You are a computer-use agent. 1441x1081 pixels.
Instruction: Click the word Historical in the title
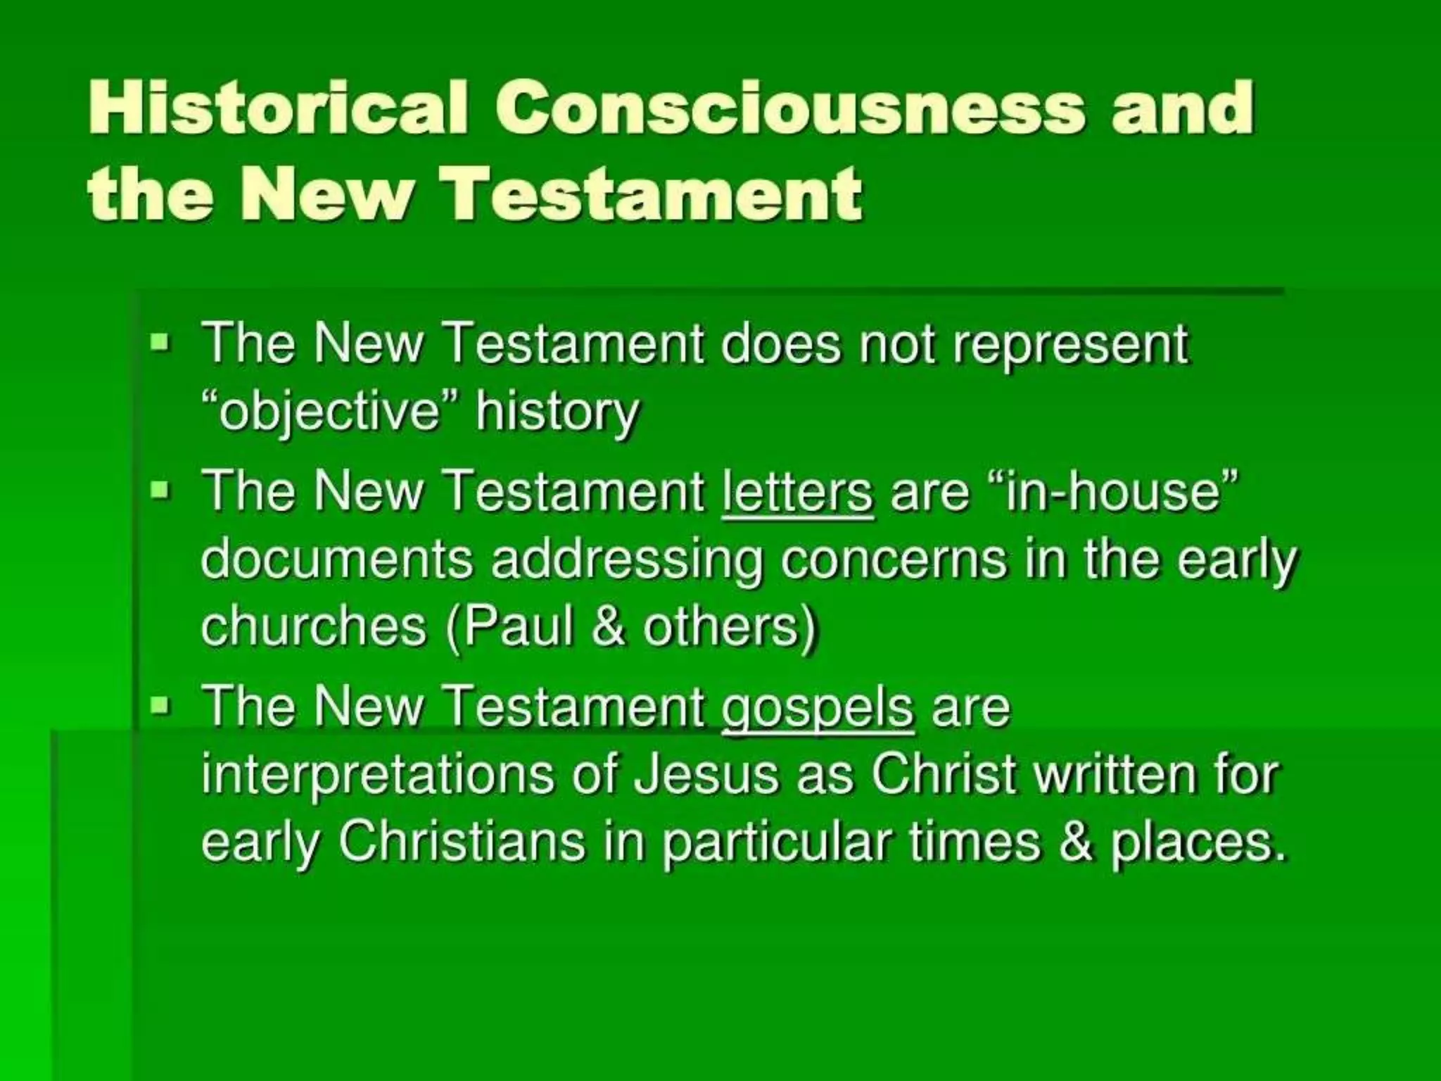tap(279, 108)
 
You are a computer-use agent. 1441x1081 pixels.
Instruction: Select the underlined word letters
tap(797, 491)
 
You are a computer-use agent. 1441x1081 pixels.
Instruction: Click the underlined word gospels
tap(818, 707)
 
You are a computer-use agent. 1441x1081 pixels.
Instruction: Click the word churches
tap(314, 627)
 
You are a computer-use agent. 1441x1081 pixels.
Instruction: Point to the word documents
tap(337, 560)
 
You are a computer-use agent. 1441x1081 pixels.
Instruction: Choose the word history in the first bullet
tap(557, 412)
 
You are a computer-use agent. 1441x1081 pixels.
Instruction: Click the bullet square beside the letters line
tap(160, 488)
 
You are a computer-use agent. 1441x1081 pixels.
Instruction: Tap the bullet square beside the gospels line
tap(160, 704)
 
